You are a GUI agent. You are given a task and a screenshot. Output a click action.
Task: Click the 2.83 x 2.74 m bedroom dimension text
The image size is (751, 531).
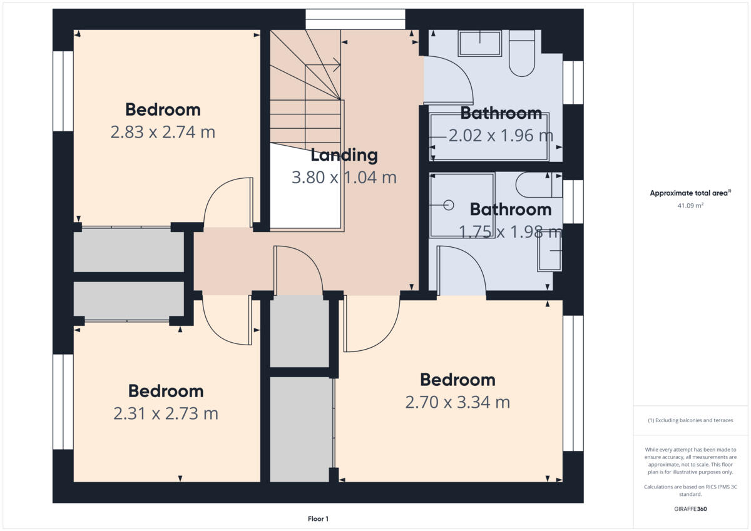[x=163, y=133]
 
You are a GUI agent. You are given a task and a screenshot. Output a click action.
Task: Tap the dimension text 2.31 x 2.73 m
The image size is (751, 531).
[x=166, y=413]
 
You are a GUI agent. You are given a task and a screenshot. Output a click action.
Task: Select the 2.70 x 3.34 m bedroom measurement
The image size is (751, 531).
[x=457, y=402]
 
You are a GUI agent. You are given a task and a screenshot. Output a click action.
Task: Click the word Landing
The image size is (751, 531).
[x=344, y=154]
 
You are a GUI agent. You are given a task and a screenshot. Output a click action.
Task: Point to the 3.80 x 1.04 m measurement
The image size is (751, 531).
[x=344, y=178]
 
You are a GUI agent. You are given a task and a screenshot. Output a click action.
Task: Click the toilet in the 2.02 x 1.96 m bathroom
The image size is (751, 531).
[x=521, y=54]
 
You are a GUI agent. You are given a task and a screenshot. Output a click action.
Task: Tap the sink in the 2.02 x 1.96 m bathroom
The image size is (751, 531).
[x=479, y=44]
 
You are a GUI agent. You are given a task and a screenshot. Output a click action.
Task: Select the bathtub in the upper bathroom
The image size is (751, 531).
[x=489, y=136]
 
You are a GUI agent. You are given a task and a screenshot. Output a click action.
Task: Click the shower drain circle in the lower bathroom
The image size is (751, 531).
[x=449, y=205]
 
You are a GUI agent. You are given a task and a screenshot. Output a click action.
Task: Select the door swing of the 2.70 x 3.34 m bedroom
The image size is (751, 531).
[x=372, y=324]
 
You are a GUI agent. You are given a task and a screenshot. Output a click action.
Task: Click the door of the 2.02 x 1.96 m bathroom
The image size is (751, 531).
[x=449, y=80]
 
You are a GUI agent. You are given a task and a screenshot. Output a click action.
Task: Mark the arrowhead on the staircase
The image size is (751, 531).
[x=337, y=64]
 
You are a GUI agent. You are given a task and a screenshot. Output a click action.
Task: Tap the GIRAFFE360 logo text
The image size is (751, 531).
[x=690, y=509]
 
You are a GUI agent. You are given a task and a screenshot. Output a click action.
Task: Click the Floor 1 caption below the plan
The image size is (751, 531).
[x=318, y=518]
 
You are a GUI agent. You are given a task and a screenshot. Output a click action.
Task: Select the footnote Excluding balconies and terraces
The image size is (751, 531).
[x=690, y=420]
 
